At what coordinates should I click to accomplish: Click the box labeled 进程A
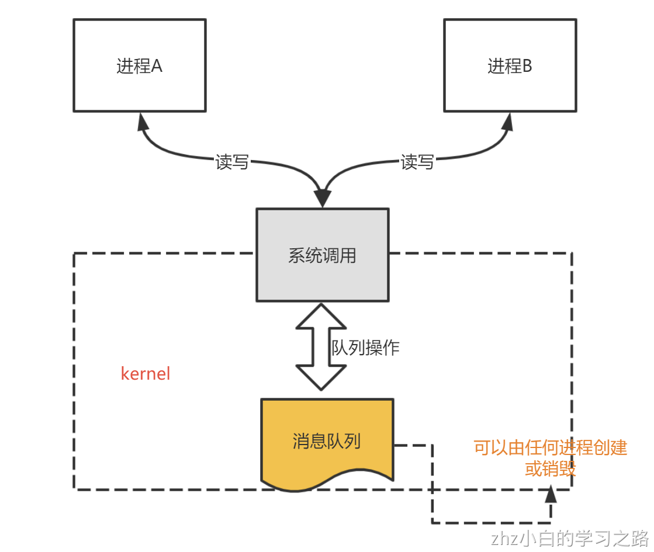coord(139,65)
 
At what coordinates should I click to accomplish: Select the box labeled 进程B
coord(510,65)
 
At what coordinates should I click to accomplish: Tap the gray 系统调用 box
coord(322,255)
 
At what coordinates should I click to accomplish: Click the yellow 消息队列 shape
coord(327,441)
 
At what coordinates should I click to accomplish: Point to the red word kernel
coord(146,374)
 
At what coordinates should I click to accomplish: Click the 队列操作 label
coord(365,348)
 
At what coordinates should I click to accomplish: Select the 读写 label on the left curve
coord(232,162)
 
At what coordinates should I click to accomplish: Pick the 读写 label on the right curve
coord(417,162)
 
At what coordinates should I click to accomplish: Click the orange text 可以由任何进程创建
coord(550,448)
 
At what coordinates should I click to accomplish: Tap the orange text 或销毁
coord(550,469)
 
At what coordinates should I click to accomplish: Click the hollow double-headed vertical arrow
coord(321,348)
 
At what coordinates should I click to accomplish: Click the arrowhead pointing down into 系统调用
coord(322,199)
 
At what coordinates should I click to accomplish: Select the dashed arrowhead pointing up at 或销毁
coord(550,494)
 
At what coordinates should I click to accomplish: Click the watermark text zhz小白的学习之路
coord(570,537)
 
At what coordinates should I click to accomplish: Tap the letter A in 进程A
coord(157,66)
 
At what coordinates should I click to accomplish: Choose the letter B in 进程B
coord(527,66)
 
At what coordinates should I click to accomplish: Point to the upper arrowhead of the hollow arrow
coord(321,315)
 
